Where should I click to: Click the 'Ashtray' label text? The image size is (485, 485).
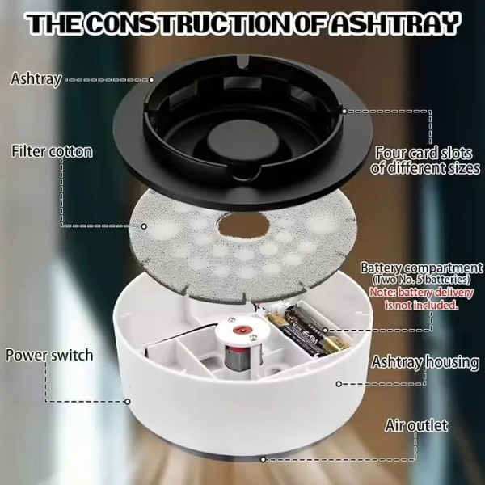tap(36, 79)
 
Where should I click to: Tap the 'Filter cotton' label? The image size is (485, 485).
tap(52, 152)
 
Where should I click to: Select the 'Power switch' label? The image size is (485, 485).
tap(49, 355)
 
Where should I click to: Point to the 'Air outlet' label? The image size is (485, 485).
tap(416, 426)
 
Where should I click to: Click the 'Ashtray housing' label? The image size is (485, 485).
tap(426, 362)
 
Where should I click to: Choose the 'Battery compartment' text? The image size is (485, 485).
tap(422, 268)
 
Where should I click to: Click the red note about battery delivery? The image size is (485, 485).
tap(422, 299)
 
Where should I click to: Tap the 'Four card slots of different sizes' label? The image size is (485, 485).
tap(425, 161)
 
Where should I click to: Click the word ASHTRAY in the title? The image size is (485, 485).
tap(394, 23)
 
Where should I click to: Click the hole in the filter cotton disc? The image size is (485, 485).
tap(243, 226)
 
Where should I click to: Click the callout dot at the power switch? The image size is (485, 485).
tap(128, 402)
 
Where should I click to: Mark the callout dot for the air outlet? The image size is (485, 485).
tap(263, 460)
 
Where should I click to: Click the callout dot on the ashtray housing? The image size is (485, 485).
tap(339, 384)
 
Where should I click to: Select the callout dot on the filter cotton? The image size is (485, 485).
tap(144, 226)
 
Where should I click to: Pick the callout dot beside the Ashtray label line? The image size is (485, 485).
tap(152, 80)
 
